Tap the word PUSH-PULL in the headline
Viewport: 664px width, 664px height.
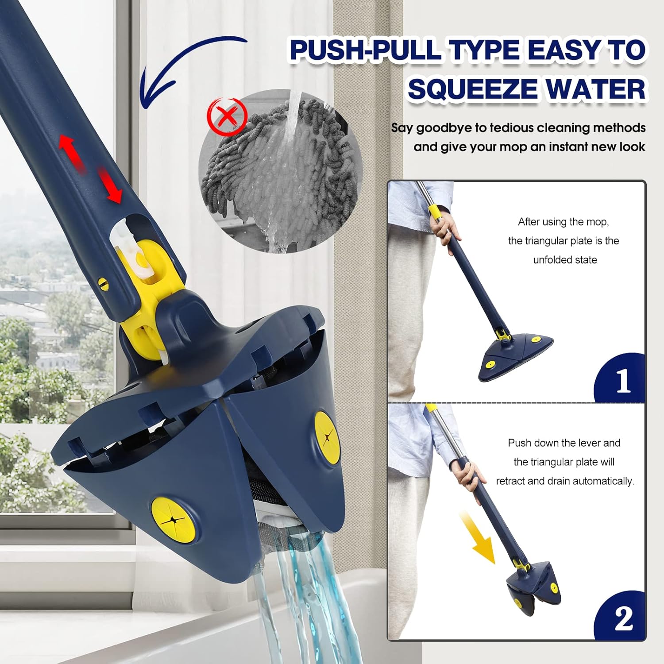366,50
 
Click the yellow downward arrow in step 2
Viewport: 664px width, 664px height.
479,540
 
